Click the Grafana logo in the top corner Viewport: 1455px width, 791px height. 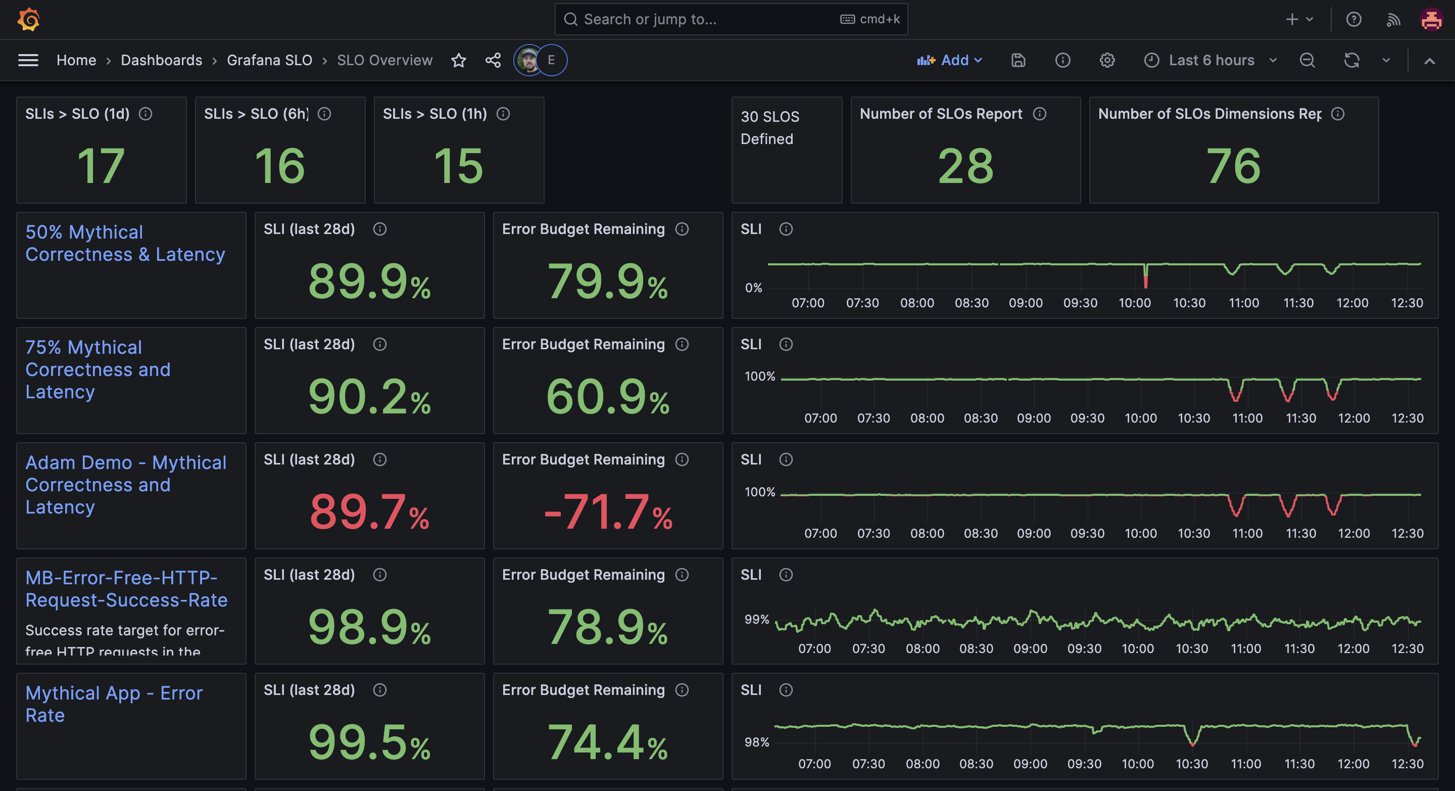coord(28,20)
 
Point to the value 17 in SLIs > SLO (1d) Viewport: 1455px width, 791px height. coord(101,166)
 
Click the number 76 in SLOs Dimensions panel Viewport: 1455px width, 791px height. coord(1233,166)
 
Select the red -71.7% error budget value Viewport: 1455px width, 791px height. coord(608,512)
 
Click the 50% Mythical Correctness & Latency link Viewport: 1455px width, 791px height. coord(125,243)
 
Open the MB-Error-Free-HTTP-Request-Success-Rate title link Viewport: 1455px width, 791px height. coord(126,589)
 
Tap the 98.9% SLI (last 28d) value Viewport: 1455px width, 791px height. coord(369,627)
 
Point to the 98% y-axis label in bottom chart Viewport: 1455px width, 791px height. coord(756,742)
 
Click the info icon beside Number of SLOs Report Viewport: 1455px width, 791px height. coord(1040,114)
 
